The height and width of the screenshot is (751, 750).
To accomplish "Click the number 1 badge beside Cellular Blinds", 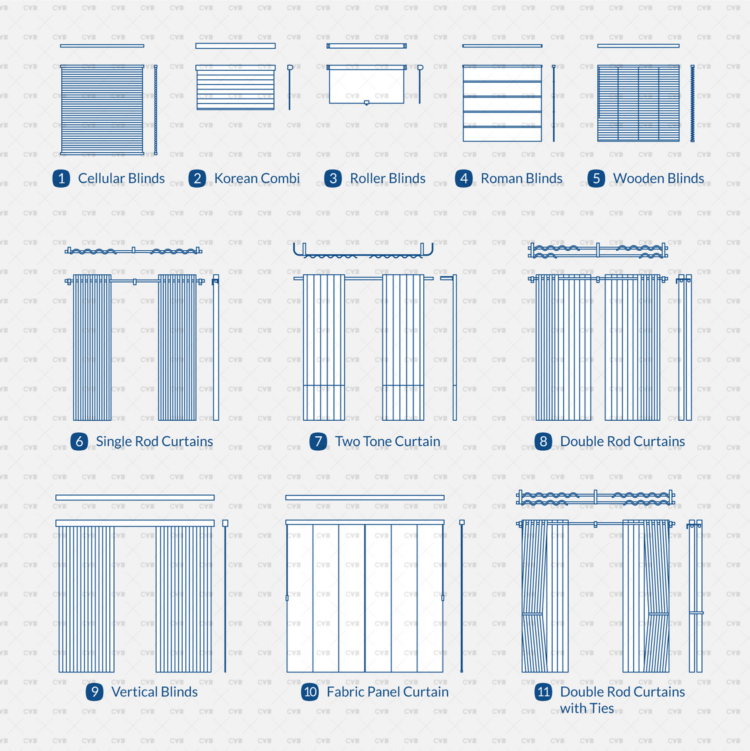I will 61,178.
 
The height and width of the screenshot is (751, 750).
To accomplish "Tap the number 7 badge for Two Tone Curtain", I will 318,442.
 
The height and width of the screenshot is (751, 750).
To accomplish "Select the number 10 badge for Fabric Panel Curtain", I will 310,692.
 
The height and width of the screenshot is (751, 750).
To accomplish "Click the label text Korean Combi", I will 257,178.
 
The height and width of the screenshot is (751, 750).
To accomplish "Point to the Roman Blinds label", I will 521,178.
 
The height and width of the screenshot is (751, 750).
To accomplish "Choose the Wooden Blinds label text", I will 658,178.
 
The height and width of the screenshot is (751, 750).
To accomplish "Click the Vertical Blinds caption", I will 154,692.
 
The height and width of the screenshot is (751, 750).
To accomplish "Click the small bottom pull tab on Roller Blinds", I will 367,103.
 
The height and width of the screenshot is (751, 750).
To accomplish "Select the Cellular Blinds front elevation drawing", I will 102,110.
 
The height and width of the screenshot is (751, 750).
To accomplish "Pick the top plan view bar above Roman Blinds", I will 502,46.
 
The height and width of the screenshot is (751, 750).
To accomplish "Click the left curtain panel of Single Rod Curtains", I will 92,347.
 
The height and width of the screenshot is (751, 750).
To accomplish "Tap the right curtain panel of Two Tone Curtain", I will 403,347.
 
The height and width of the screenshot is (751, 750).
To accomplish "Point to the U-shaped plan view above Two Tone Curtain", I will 363,251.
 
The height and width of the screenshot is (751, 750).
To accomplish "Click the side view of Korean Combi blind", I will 290,87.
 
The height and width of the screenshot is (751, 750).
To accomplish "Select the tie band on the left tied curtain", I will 533,613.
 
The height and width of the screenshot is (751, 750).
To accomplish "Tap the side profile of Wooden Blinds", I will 693,103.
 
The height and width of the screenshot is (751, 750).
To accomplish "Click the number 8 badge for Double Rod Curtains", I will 543,442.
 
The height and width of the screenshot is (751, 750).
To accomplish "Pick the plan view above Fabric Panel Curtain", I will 365,498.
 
